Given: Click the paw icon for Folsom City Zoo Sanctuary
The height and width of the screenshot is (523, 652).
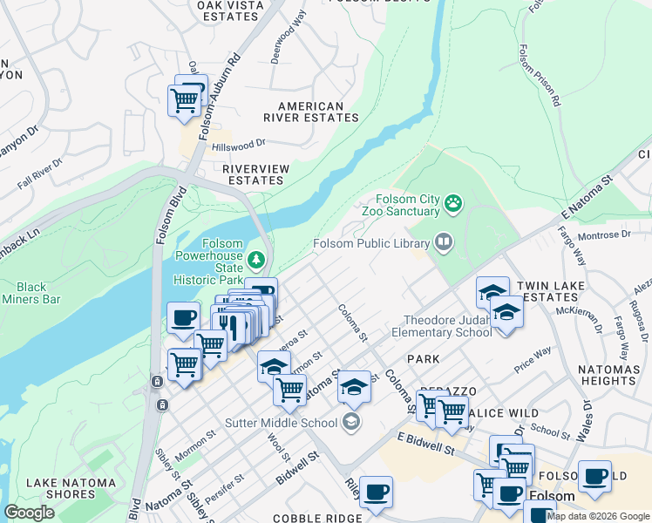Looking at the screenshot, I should pos(453,204).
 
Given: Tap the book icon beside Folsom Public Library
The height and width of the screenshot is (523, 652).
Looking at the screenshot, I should pos(444,242).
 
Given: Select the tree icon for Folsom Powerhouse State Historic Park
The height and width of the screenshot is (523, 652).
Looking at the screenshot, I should pos(256,259).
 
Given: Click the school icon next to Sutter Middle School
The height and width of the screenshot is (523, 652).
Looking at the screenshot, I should pos(350,423).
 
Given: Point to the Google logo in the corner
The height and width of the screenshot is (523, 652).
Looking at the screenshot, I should pos(29,512).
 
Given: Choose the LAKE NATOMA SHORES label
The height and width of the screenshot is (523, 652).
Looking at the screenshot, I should pos(71,489).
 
